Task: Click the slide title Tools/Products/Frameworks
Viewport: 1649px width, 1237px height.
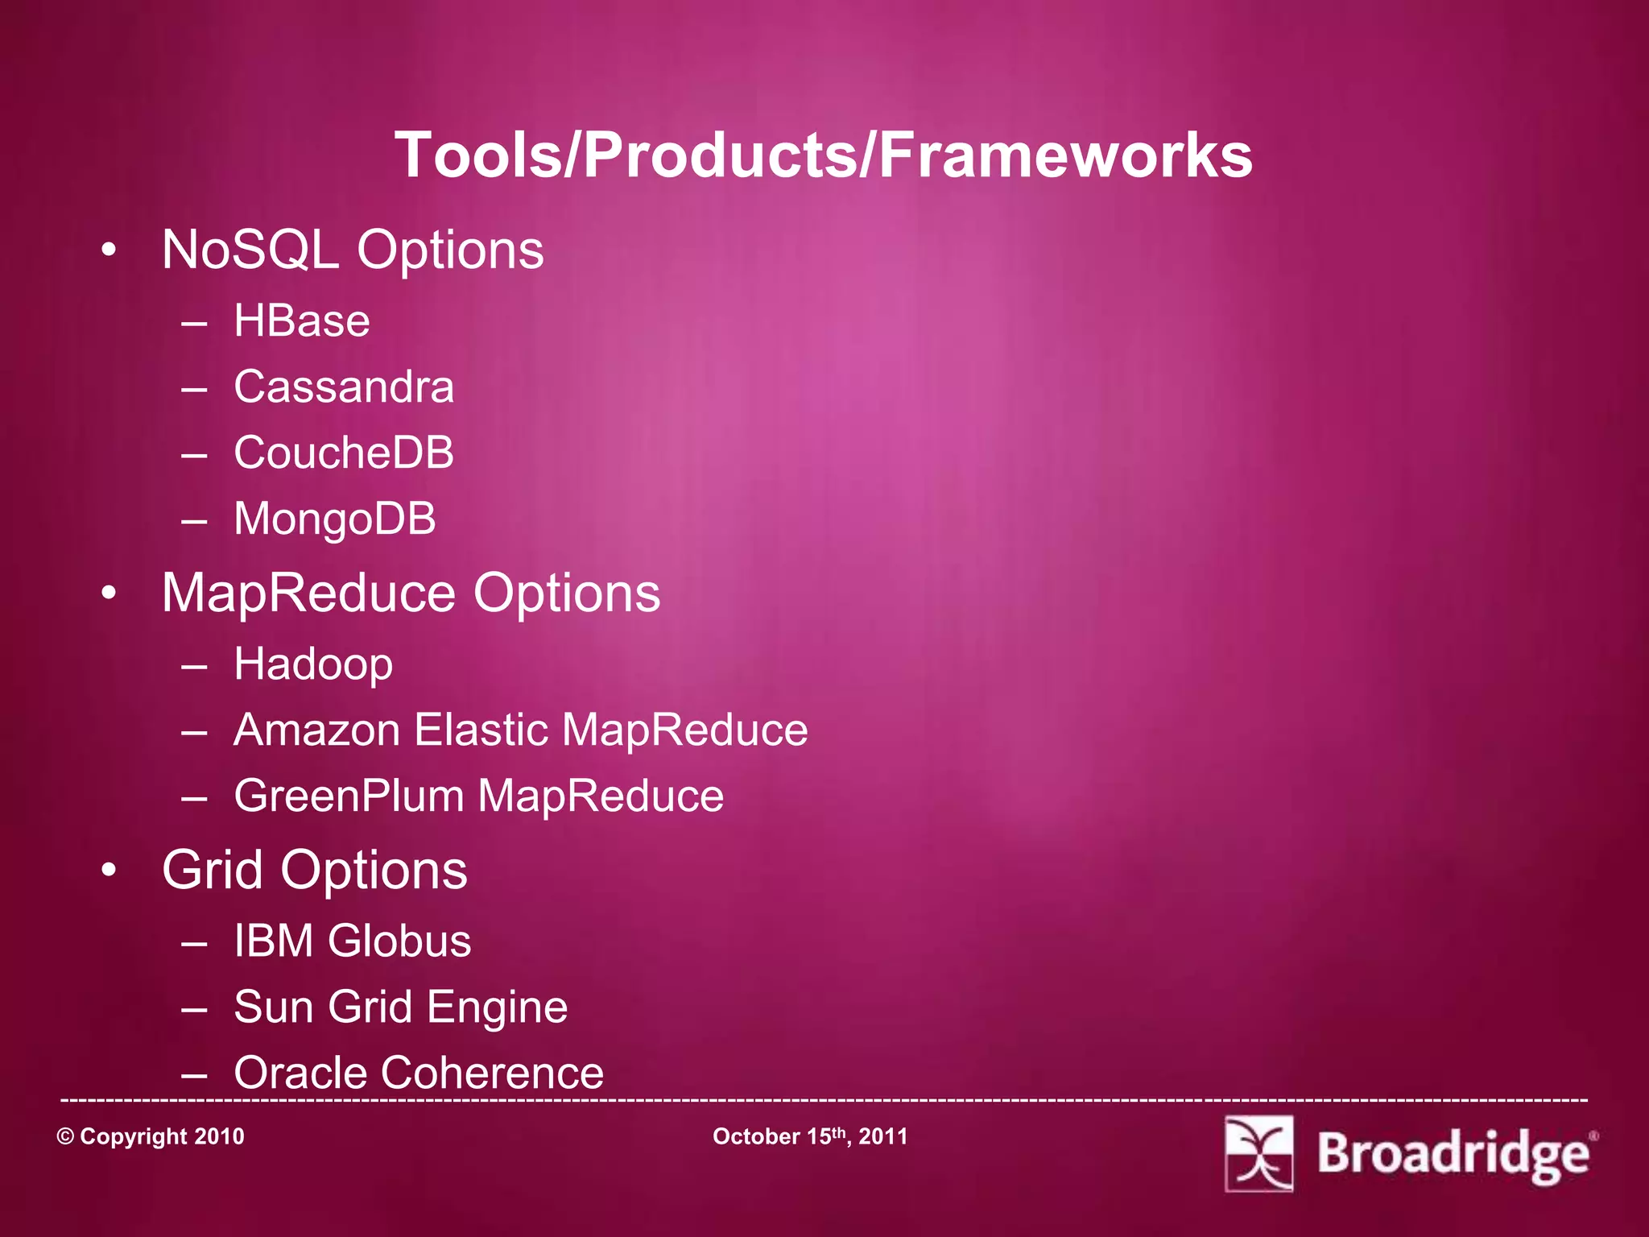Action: [x=823, y=155]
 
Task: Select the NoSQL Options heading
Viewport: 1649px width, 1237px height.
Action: [x=353, y=250]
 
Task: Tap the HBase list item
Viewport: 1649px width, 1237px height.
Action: [x=302, y=321]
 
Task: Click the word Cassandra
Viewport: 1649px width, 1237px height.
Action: [x=344, y=387]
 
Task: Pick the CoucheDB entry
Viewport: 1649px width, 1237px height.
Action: [x=344, y=453]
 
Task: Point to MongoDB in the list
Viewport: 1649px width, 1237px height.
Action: [x=335, y=519]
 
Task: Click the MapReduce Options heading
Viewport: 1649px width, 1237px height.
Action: [x=411, y=594]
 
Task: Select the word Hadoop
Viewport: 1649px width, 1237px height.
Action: [x=313, y=665]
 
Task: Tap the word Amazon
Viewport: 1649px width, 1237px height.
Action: [x=316, y=730]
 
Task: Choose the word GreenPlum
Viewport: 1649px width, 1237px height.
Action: [x=349, y=796]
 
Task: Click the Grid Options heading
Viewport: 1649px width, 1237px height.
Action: [x=314, y=871]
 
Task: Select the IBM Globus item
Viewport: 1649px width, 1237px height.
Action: [x=352, y=941]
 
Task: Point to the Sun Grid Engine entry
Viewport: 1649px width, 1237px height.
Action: [x=400, y=1007]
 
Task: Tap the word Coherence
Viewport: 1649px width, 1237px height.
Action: [x=492, y=1073]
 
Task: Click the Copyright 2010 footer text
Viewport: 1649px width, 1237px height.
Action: [x=151, y=1136]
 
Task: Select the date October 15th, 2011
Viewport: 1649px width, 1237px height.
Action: [x=810, y=1136]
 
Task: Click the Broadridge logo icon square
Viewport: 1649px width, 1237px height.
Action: [x=1258, y=1153]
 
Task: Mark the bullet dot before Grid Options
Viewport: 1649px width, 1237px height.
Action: [x=109, y=871]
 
